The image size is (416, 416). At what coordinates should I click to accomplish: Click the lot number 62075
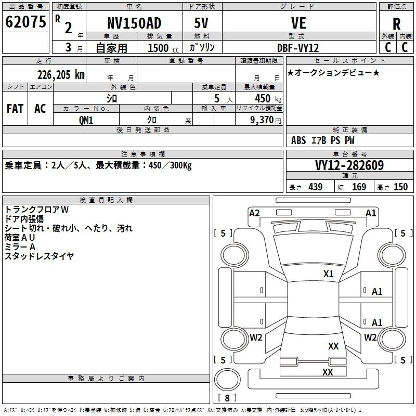click(25, 22)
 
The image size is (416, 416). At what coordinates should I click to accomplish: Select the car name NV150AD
click(134, 23)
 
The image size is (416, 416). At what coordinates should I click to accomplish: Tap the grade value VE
click(298, 23)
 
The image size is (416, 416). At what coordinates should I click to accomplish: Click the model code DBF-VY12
click(298, 48)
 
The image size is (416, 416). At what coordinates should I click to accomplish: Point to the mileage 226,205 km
click(61, 75)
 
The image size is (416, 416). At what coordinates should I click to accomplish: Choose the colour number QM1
click(86, 120)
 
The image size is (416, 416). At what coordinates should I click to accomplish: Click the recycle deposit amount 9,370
click(262, 120)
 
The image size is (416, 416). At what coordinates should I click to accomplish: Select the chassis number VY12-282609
click(349, 165)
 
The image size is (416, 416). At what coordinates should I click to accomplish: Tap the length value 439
click(316, 187)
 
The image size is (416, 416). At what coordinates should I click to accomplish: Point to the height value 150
click(400, 187)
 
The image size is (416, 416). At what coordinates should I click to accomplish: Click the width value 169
click(359, 187)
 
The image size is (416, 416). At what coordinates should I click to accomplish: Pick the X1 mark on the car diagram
click(328, 274)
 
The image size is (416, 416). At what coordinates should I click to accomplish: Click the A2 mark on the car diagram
click(254, 213)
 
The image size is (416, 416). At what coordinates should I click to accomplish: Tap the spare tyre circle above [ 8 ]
click(227, 380)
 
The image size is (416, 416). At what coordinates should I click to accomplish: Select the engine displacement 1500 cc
click(163, 48)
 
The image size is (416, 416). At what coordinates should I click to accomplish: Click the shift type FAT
click(15, 109)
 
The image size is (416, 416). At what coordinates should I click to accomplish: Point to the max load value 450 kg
click(268, 98)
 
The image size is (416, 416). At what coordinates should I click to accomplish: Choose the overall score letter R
click(396, 24)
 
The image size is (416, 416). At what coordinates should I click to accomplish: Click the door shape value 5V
click(201, 23)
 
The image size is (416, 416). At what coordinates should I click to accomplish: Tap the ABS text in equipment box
click(298, 140)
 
